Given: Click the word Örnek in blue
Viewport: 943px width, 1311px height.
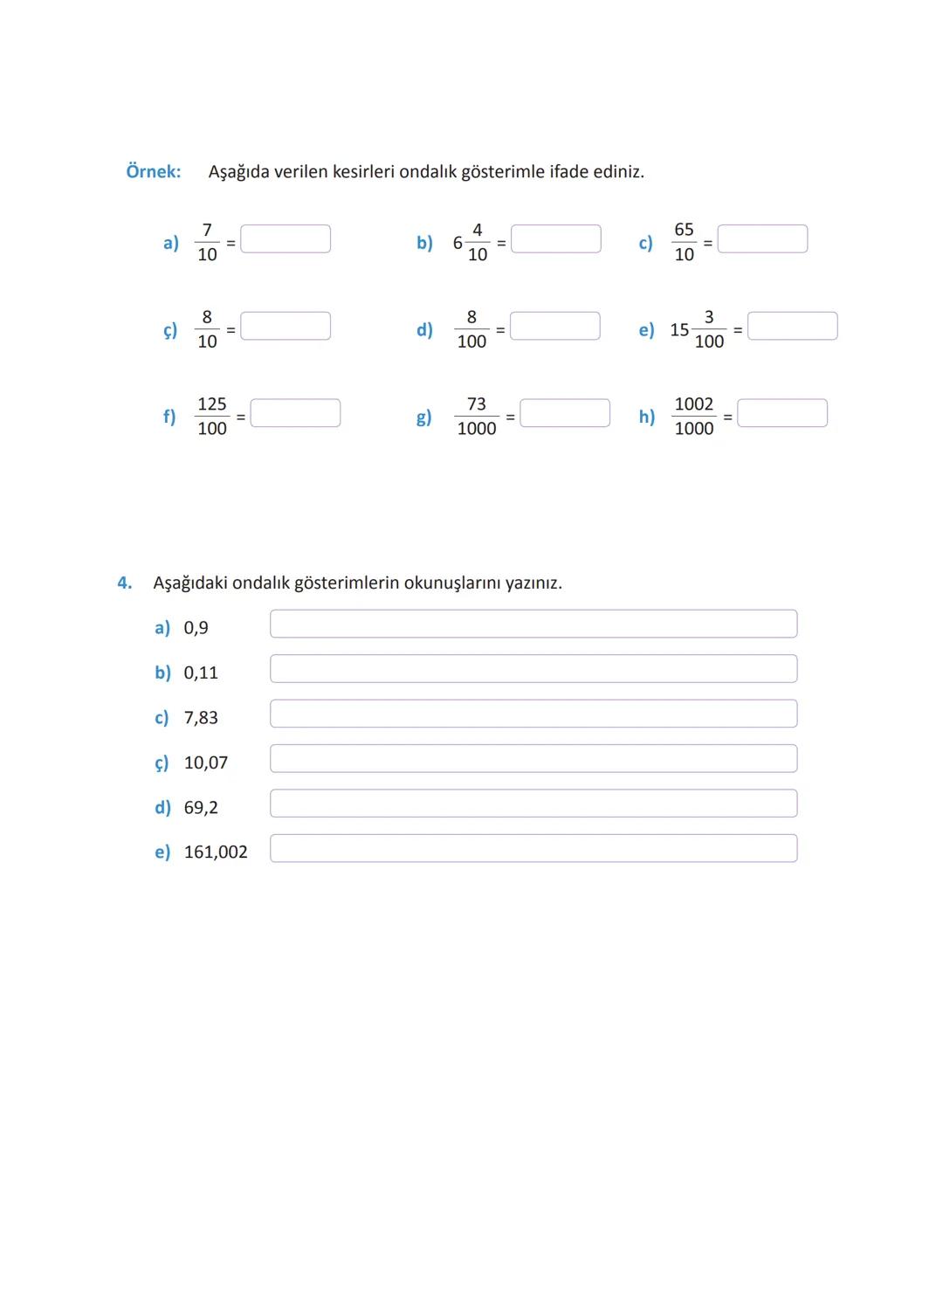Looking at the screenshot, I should pos(153,171).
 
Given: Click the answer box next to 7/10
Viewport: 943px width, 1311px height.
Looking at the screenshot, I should pos(286,239).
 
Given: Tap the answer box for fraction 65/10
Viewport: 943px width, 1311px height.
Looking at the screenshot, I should pos(762,239).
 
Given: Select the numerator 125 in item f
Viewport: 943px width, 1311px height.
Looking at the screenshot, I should pos(212,404).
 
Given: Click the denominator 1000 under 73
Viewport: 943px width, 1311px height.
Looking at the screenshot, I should pos(477,429).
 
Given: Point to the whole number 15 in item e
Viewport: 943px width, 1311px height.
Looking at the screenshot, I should pos(679,330).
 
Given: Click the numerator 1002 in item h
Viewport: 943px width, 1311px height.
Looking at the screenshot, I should pos(694,404).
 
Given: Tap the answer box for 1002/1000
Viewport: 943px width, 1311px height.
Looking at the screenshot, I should pos(782,413).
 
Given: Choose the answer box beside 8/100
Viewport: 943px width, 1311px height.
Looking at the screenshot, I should pos(555,326).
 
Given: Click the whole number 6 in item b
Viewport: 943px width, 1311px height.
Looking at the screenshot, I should pos(458,243).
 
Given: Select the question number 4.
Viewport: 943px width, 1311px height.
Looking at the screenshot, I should pos(125,583).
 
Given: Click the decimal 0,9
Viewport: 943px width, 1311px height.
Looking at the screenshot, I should pos(196,628).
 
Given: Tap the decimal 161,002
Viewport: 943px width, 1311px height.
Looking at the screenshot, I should pos(216,852).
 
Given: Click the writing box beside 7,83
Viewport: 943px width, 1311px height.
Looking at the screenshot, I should pos(533,714).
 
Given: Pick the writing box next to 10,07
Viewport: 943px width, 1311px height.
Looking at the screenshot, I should pos(533,759).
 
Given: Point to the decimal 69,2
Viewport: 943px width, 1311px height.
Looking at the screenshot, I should pos(201,808).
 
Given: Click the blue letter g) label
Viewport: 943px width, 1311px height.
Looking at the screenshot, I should pos(423,417).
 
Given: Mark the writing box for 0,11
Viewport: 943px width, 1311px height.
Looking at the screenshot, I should pos(533,669).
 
